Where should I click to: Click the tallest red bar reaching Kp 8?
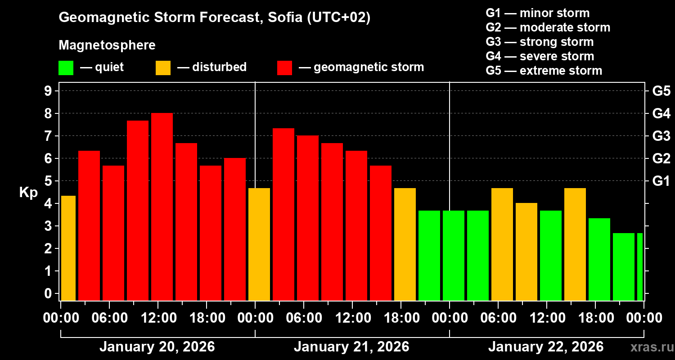[162, 207]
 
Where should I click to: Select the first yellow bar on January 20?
[68, 248]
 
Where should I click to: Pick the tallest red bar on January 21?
[283, 214]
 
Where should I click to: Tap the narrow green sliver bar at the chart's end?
[640, 266]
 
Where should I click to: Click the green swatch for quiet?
[66, 68]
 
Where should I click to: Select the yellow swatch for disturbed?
[163, 68]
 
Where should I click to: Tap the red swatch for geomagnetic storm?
[284, 68]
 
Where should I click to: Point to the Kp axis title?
[28, 193]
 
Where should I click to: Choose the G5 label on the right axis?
[661, 91]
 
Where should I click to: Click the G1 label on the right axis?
[661, 181]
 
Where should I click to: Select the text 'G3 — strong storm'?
[540, 42]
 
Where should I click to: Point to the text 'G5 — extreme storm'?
[544, 71]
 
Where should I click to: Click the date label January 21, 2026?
[351, 347]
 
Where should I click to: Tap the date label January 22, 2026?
[546, 347]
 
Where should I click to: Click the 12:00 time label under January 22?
[546, 318]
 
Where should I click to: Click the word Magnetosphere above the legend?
[107, 45]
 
